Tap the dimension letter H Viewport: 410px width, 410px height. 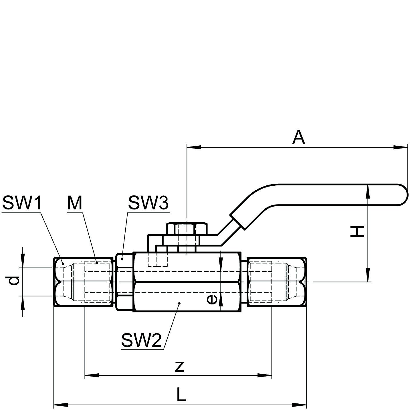[357, 231]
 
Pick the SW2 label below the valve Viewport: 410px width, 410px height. [141, 340]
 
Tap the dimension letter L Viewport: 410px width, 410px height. [181, 395]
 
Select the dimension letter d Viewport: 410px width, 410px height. [13, 281]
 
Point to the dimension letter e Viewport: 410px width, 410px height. [212, 299]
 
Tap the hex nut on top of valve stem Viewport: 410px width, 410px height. [187, 229]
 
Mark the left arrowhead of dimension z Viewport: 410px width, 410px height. [92, 375]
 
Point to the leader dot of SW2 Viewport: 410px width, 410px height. [179, 303]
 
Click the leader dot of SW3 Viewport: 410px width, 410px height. [122, 259]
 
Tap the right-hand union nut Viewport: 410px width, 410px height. [277, 282]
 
